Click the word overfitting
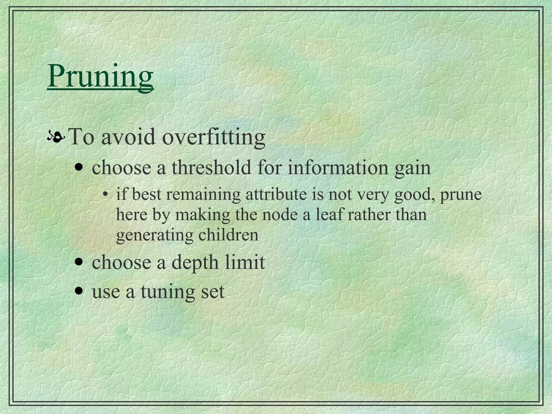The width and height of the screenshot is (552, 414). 213,137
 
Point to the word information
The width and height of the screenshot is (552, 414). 338,167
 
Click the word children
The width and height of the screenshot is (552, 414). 228,235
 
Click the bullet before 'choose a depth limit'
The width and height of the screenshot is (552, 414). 79,262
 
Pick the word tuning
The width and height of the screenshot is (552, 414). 167,292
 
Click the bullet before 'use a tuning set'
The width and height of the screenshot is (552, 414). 79,291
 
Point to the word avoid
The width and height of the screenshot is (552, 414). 129,137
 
